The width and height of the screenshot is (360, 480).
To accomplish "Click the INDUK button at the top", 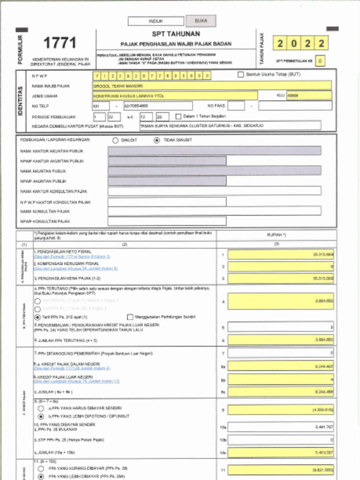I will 156,22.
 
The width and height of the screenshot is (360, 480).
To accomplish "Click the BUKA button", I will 201,21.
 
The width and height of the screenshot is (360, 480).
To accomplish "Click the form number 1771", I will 60,43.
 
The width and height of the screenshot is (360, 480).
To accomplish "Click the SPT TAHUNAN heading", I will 176,34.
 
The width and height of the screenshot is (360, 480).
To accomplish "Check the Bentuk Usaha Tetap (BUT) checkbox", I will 241,75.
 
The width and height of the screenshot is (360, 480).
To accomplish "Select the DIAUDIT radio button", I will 115,140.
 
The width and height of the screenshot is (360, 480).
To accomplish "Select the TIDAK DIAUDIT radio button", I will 157,140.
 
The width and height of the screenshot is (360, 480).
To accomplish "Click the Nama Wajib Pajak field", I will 212,86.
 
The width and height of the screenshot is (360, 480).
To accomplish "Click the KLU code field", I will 309,96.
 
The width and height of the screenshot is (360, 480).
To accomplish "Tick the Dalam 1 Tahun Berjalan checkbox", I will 179,116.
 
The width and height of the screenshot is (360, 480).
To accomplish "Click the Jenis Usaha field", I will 175,96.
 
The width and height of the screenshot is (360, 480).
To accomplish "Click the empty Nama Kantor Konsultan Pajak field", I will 214,191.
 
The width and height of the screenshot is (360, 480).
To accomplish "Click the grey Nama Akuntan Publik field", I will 214,171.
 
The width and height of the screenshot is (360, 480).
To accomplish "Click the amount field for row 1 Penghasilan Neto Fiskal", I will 280,255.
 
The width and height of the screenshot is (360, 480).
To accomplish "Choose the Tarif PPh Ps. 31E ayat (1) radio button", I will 37,317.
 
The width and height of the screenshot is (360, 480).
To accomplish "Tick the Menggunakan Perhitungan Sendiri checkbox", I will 130,317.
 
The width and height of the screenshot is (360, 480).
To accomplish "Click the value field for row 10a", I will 280,427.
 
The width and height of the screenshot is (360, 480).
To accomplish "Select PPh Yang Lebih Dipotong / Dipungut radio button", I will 41,416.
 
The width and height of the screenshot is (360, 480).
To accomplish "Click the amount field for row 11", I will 280,469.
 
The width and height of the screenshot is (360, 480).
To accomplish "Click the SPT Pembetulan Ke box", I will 320,61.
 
